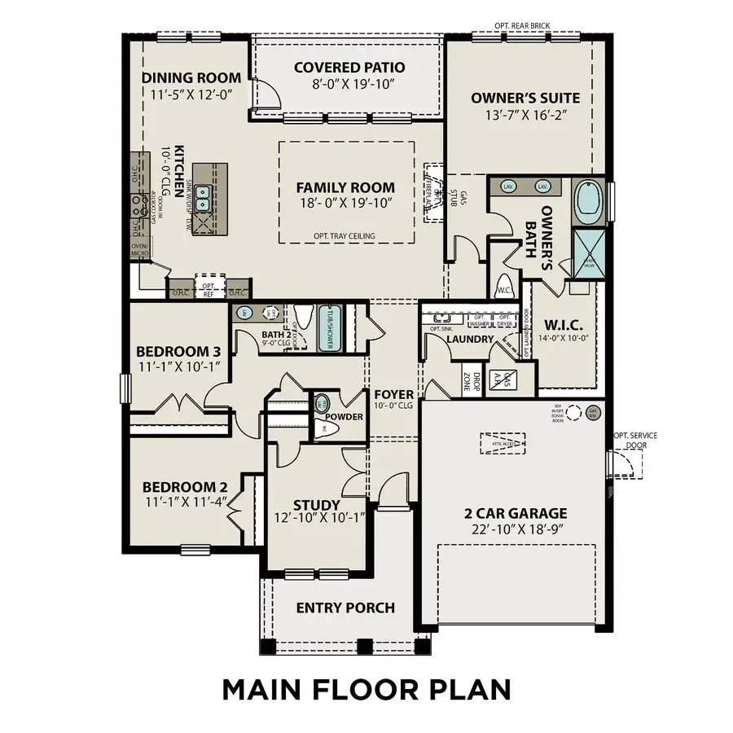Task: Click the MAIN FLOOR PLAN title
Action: (366, 688)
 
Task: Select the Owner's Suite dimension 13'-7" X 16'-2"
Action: (525, 115)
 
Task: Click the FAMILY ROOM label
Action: (345, 187)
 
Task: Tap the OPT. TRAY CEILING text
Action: (344, 236)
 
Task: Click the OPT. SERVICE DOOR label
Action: (635, 441)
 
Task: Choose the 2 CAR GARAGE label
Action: (515, 513)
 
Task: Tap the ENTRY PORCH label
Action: (345, 608)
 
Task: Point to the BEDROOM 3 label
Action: (178, 351)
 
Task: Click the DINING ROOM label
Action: (191, 78)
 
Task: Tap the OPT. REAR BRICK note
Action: (522, 26)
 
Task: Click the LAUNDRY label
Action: (470, 339)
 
